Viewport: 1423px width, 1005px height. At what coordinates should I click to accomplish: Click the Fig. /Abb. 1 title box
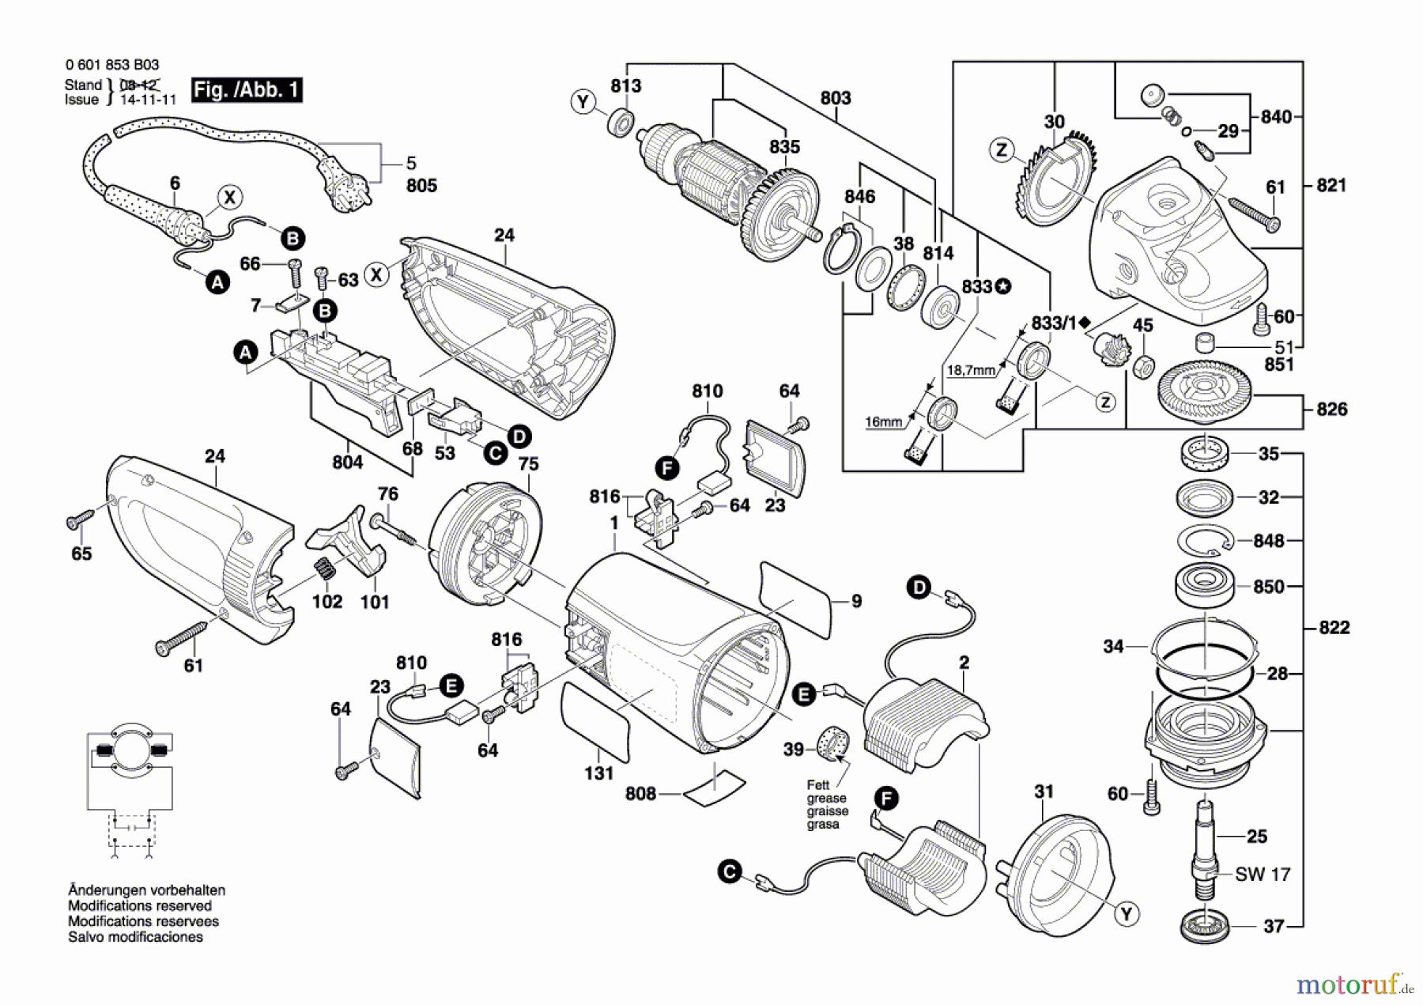coord(247,89)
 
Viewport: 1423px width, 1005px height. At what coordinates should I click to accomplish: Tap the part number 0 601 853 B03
coord(112,65)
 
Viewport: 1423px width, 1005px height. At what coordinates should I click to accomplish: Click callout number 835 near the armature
coord(784,147)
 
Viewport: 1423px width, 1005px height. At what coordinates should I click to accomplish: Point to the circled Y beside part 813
coord(583,102)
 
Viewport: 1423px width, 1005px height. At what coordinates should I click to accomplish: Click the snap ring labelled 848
coord(1205,542)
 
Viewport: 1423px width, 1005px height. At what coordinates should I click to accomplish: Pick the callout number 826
coord(1331,409)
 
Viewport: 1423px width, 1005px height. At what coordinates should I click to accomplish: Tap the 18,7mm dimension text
coord(971,370)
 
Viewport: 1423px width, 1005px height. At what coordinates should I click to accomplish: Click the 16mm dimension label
coord(883,422)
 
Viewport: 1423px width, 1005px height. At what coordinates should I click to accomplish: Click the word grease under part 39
coord(826,799)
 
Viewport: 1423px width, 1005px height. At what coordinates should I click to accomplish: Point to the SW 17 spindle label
coord(1263,875)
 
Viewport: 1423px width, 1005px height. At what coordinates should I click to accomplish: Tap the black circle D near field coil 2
coord(919,588)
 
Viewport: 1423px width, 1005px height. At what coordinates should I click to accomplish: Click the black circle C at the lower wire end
coord(729,872)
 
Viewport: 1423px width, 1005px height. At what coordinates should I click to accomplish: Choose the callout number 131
coord(598,773)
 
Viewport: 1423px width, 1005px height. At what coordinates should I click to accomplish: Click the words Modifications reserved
coord(140,905)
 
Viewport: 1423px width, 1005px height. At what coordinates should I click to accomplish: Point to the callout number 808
coord(640,793)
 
